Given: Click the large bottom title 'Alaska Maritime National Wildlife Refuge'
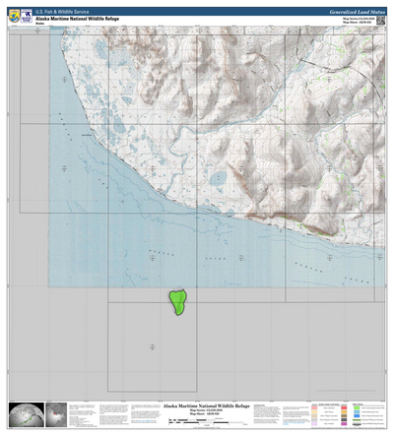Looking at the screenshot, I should click(197, 405).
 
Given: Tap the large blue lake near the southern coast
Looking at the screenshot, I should click(218, 179).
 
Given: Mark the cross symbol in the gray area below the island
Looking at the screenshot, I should click(152, 345).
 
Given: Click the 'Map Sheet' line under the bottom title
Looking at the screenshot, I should click(197, 416).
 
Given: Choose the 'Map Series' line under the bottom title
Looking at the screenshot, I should click(197, 411).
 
